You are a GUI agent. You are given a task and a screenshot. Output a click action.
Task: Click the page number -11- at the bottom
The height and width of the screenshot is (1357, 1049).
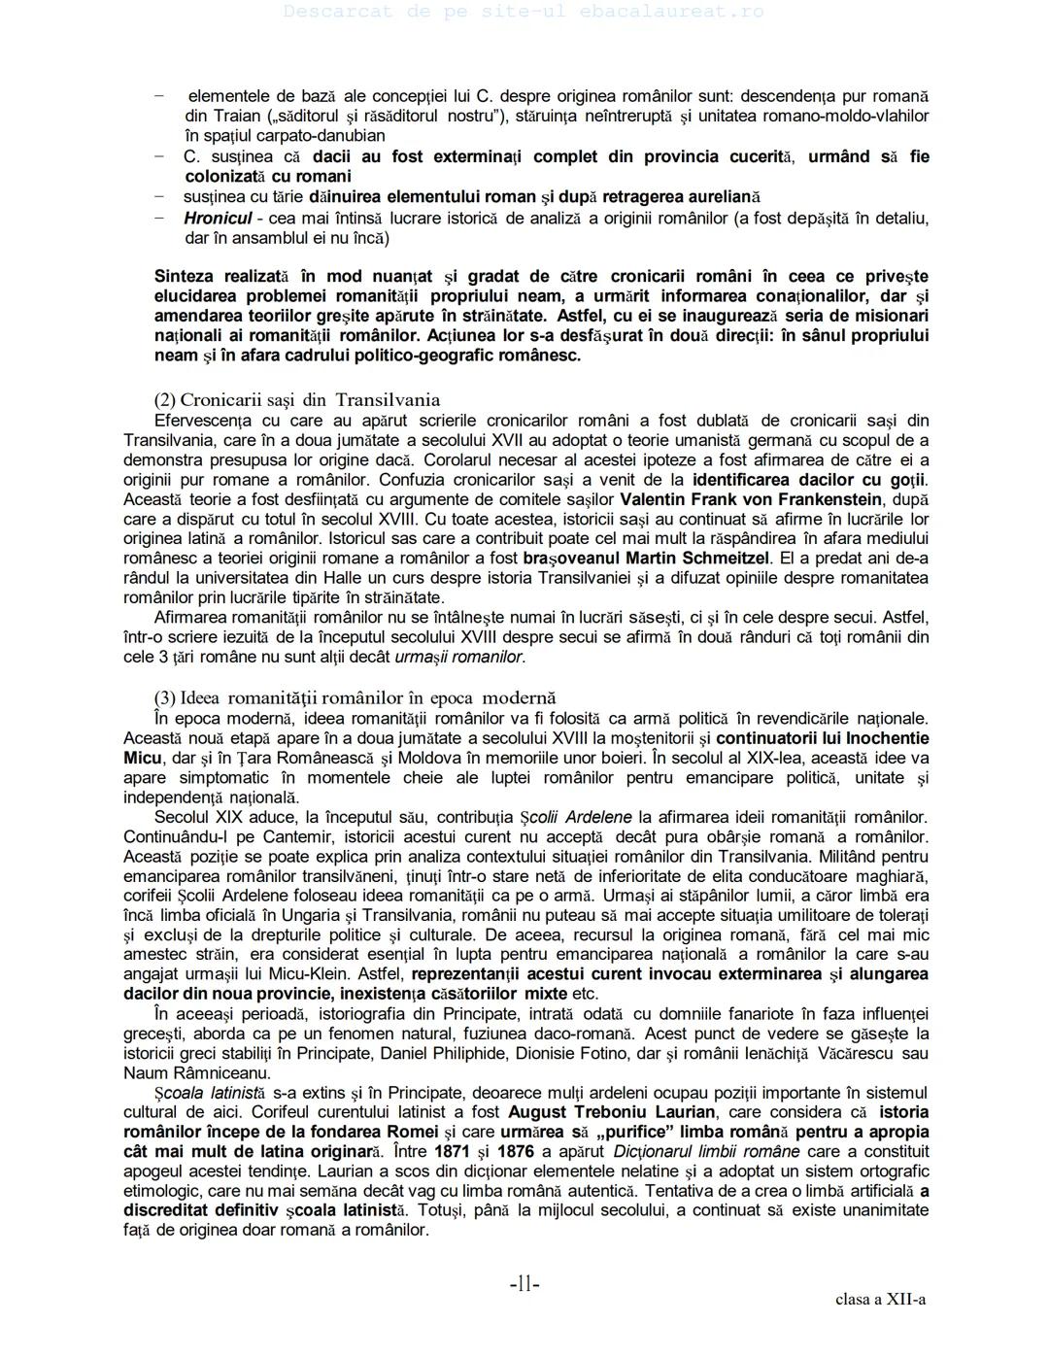pos(524,1284)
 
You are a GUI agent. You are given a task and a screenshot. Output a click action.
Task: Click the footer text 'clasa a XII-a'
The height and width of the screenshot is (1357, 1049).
pos(880,1300)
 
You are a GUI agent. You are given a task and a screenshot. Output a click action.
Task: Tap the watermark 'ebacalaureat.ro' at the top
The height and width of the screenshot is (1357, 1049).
pos(657,12)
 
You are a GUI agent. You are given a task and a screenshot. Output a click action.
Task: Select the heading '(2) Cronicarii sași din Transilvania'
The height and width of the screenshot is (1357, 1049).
pos(297,399)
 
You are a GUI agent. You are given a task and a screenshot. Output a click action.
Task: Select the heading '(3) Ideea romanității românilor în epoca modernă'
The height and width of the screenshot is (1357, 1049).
pos(355,697)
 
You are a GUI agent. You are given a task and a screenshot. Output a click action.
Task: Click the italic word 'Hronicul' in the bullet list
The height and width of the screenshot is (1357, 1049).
pos(218,219)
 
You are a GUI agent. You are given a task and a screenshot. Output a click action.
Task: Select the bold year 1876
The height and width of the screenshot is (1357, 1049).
pos(516,1151)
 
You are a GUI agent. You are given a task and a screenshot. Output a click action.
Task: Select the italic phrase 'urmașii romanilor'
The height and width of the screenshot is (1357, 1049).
pos(459,658)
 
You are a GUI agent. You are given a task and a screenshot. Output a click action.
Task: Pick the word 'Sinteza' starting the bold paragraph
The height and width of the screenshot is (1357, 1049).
pos(185,277)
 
